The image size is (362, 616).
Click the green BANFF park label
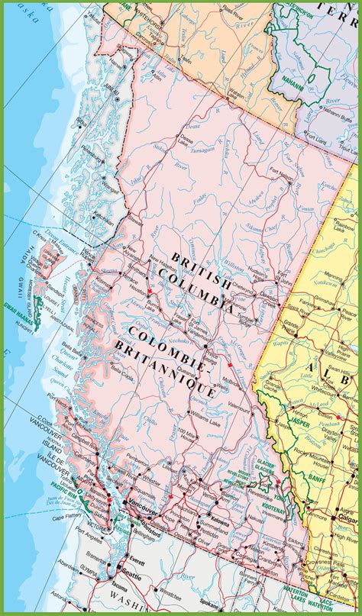click(x=316, y=479)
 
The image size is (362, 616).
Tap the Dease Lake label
click(x=183, y=139)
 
